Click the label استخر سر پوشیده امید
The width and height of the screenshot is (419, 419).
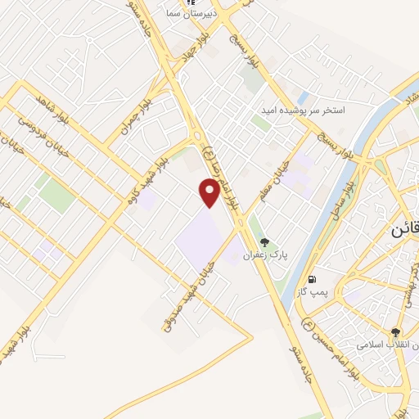click(x=313, y=110)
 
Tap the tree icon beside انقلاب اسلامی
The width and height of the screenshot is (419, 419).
click(x=396, y=332)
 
